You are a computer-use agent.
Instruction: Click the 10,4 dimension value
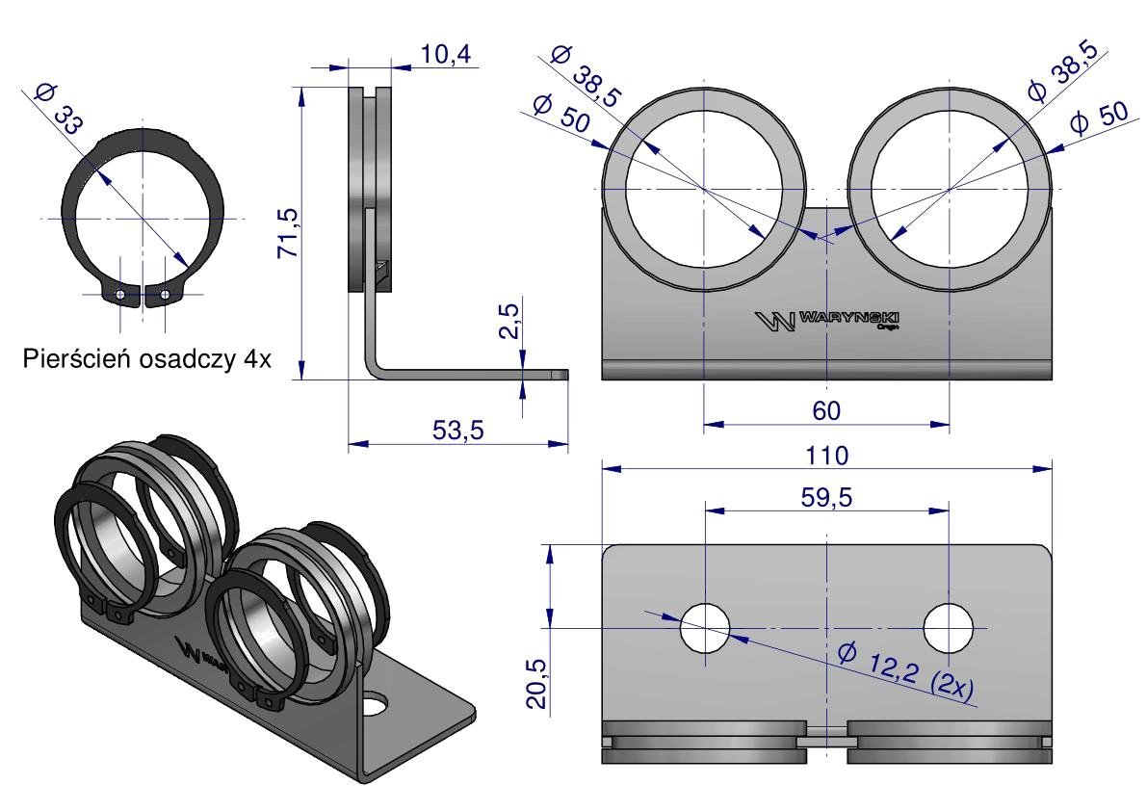446,57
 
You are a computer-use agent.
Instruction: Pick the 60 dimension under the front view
826,409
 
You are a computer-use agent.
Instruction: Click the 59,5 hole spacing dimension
826,497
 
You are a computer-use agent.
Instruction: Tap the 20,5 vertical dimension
537,682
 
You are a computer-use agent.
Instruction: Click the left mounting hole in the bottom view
705,628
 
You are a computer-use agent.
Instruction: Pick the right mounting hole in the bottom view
949,628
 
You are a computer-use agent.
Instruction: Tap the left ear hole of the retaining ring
119,294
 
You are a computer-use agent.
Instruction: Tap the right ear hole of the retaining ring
167,294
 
